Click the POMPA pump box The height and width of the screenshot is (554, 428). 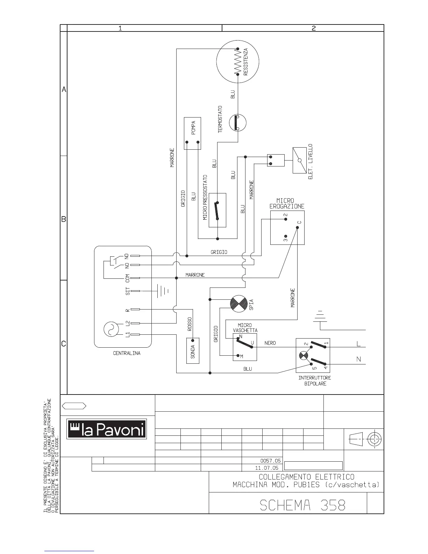pos(192,133)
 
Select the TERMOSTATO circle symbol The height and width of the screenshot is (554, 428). pos(238,123)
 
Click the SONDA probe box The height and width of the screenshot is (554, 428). pos(193,350)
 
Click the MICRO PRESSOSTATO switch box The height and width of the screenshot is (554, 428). pos(217,210)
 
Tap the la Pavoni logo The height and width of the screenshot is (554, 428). pos(107,429)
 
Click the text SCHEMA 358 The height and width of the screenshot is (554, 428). pos(302,505)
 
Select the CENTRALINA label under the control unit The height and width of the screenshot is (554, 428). pos(127,353)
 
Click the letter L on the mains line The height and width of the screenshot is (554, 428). pos(358,344)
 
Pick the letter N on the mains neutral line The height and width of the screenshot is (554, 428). pos(358,360)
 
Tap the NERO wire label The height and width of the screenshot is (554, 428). pos(270,343)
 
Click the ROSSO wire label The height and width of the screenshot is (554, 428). pos(190,324)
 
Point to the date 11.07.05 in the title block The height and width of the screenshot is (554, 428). pos(266,468)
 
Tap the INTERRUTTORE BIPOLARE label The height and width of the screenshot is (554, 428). pos(315,381)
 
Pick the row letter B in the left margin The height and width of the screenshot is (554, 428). pos(64,219)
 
